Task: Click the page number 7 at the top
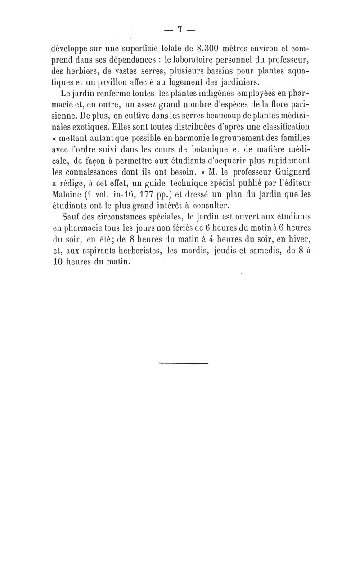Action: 179,30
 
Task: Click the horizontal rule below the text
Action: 183,362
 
